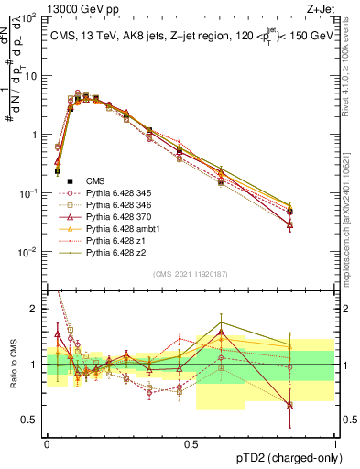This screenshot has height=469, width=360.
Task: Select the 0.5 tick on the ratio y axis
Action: coord(32,420)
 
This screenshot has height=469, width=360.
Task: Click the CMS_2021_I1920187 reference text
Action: coord(191,274)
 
